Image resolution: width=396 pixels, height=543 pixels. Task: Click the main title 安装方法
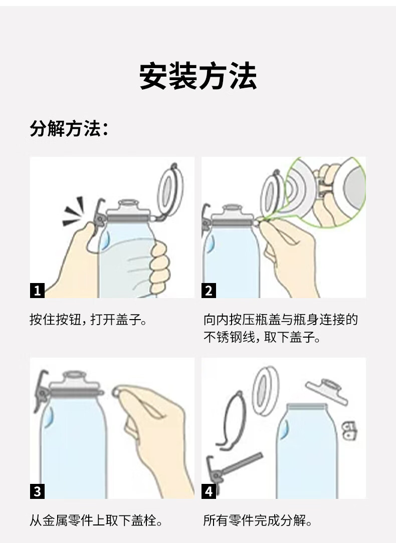[198, 76]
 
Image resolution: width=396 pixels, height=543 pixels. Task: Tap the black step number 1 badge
[37, 290]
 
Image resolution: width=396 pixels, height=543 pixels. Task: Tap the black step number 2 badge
[209, 290]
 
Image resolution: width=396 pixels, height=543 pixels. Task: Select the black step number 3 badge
[37, 491]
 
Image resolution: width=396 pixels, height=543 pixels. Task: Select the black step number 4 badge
[209, 491]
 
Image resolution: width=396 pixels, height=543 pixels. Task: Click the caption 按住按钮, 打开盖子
[88, 319]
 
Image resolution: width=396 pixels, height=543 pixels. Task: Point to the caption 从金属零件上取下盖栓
[96, 520]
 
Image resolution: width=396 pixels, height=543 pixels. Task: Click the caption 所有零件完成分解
[258, 520]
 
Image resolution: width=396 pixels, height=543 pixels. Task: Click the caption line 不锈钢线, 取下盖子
[262, 337]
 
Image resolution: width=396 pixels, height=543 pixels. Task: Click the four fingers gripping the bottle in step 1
[160, 267]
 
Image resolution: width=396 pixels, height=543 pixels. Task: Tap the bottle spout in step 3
[73, 380]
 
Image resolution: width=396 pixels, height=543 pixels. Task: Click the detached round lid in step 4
[265, 391]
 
